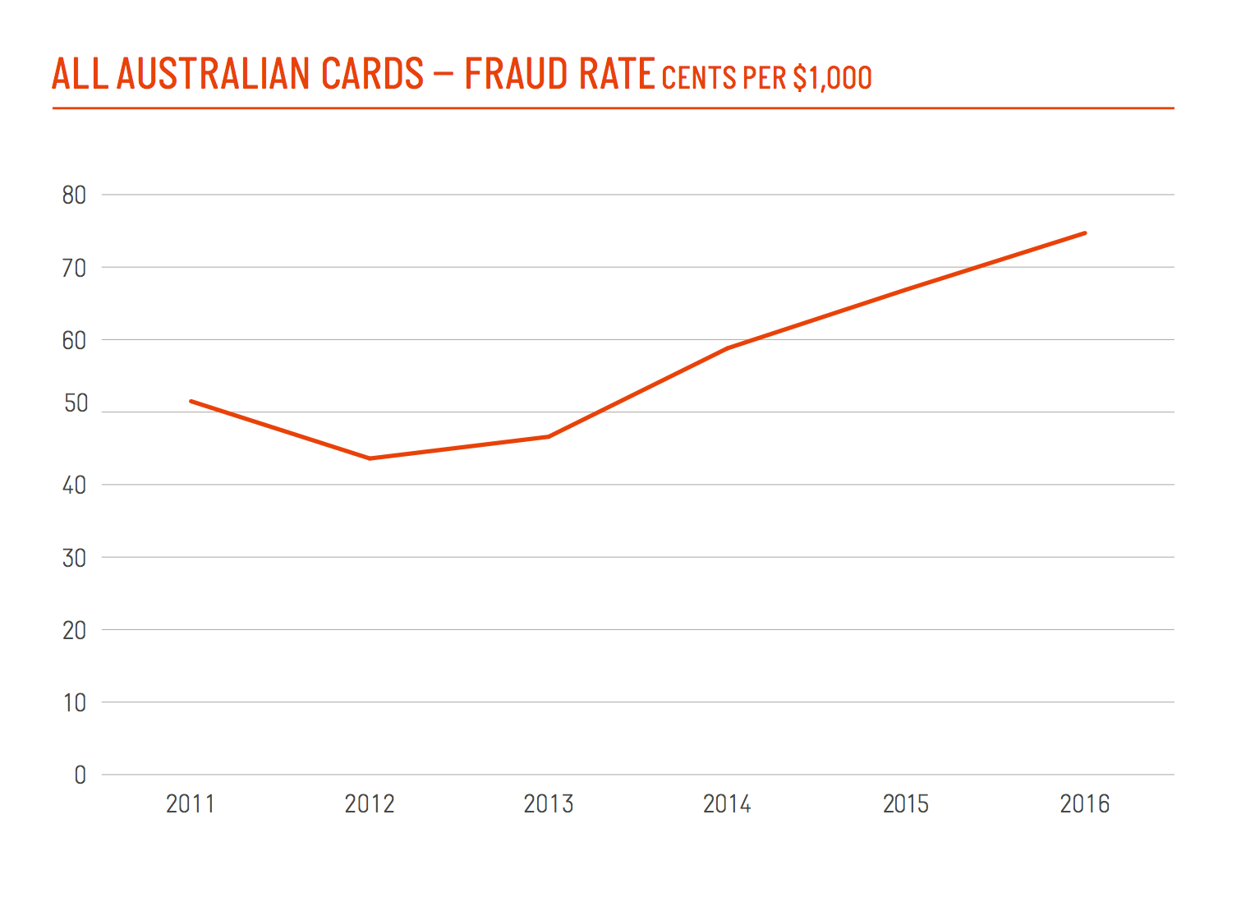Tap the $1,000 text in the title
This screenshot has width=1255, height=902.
(832, 78)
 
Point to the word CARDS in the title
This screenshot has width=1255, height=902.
(372, 74)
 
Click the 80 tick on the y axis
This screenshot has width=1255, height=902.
(74, 196)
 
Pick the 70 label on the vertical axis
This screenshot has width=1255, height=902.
(74, 268)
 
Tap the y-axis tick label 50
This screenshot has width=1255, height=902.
(75, 403)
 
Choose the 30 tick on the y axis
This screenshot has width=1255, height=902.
(74, 559)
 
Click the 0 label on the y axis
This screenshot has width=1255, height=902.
(80, 775)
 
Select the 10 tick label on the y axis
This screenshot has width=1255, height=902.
(75, 703)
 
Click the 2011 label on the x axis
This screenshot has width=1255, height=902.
(191, 804)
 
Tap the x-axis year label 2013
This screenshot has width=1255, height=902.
(549, 804)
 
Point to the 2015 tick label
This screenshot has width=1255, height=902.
(906, 804)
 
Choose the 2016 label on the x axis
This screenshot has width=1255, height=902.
(1085, 804)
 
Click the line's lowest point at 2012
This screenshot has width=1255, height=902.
(370, 458)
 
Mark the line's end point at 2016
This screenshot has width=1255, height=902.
(1085, 233)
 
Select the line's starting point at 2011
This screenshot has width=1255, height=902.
(191, 401)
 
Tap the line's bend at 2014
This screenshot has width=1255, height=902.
(728, 348)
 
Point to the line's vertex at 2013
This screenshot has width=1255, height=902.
(549, 436)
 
